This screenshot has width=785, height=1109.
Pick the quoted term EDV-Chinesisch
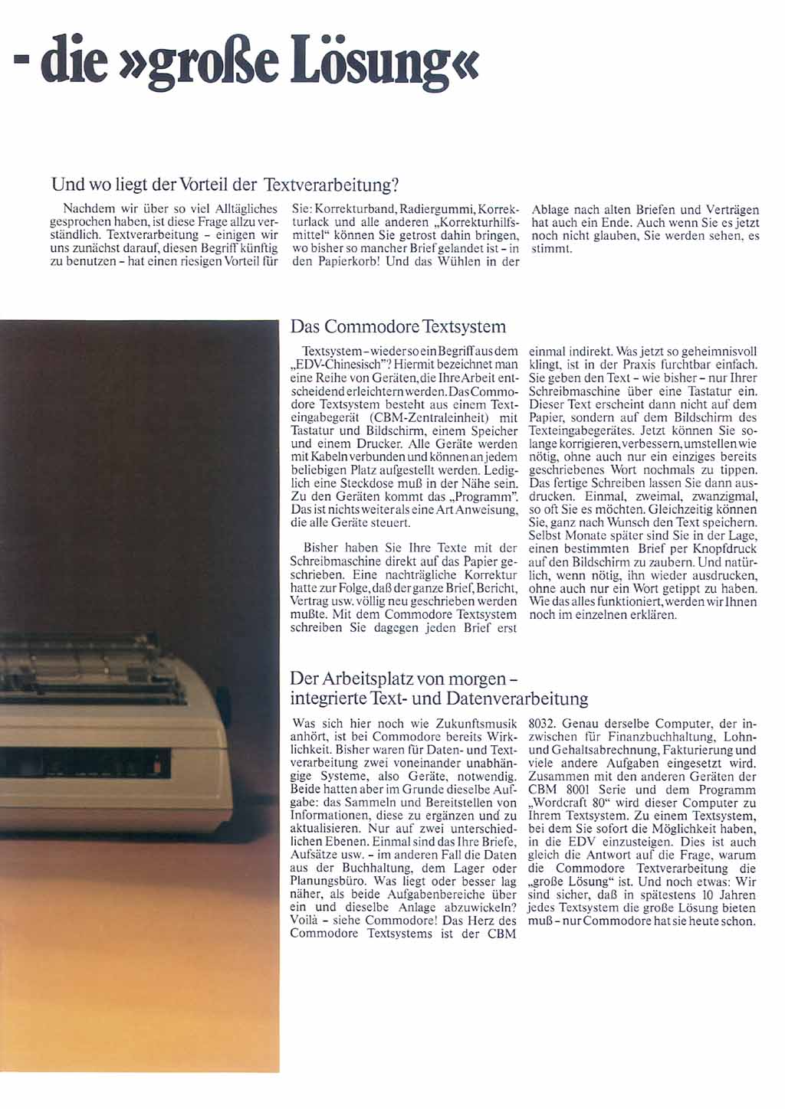click(x=333, y=365)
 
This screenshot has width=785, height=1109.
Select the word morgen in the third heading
click(x=476, y=679)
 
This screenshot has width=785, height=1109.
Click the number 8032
click(x=543, y=723)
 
